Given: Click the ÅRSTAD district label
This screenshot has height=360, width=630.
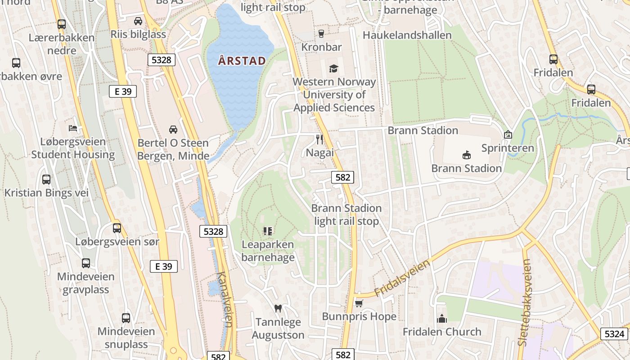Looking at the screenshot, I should (242, 61).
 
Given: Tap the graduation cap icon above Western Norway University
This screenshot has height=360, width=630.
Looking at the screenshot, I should (333, 68).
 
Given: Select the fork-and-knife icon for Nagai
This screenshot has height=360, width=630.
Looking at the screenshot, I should (320, 139).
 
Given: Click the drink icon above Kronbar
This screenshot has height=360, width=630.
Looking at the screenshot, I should (321, 33).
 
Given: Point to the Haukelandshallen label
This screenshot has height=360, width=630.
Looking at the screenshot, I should (407, 35).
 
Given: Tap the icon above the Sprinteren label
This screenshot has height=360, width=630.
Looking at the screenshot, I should (508, 135).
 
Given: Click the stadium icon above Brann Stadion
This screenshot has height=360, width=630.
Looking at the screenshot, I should (466, 155).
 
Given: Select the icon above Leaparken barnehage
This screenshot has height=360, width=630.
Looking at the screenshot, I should (268, 231).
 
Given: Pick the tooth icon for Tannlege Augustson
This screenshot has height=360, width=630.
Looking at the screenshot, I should (278, 308).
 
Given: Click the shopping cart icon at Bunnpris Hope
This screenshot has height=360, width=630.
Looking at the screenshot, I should (359, 303).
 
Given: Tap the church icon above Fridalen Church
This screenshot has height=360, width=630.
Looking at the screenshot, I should (442, 319).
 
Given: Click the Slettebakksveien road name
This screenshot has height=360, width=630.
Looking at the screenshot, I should (525, 302).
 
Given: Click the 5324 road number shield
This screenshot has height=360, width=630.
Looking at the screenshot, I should (614, 334).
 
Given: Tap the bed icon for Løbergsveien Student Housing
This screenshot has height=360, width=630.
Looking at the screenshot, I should (73, 128).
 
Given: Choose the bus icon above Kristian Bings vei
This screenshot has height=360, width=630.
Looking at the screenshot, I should (46, 180).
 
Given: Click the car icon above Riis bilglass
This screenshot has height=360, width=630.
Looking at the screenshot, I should (138, 21).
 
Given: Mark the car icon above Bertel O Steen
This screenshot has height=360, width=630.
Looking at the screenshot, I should (173, 130).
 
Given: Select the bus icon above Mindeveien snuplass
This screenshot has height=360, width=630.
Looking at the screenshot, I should (126, 318).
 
